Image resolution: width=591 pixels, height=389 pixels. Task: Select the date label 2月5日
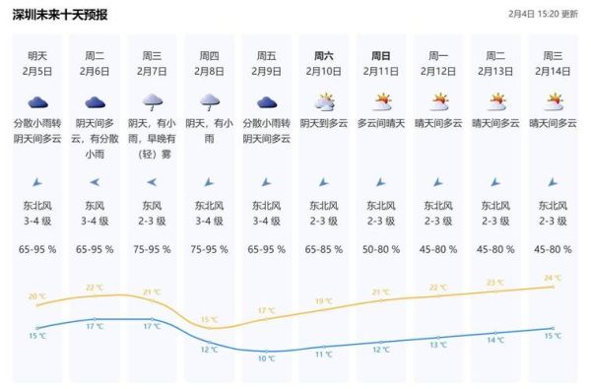tap(37, 72)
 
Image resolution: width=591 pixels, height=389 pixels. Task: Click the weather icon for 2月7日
tap(152, 101)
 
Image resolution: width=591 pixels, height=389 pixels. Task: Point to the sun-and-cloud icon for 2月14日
tap(555, 101)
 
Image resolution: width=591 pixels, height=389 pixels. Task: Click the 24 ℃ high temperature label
tap(553, 278)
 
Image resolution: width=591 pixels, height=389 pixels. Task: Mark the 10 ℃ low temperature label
tap(267, 359)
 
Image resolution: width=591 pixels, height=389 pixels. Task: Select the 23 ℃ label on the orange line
tap(495, 283)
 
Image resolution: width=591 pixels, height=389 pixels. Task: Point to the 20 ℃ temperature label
tap(36, 296)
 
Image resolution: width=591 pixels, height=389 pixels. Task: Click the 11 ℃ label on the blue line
tap(323, 354)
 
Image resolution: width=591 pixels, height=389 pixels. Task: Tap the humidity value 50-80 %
tap(381, 250)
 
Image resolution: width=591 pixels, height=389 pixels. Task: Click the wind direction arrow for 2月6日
tap(95, 182)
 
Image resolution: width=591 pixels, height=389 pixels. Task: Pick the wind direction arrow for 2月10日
tap(323, 182)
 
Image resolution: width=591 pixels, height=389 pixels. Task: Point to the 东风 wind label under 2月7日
tap(152, 206)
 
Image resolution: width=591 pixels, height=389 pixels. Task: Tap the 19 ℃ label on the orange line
tap(323, 301)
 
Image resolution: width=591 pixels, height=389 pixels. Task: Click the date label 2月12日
tap(438, 72)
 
